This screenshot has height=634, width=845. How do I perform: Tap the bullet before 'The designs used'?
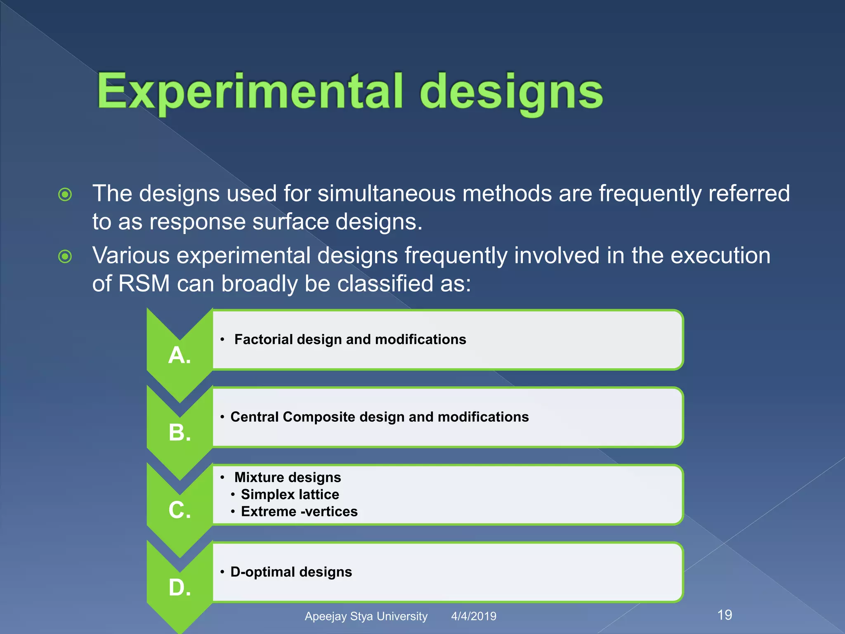[65, 194]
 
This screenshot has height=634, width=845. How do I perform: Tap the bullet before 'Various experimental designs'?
[65, 257]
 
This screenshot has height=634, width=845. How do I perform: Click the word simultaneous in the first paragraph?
[386, 194]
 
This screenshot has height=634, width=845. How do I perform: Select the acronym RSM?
[144, 284]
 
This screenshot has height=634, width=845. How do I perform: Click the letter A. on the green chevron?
[179, 355]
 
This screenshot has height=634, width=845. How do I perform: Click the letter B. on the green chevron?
[179, 433]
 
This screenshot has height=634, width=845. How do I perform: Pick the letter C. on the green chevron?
[179, 510]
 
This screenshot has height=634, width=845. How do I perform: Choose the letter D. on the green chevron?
[179, 587]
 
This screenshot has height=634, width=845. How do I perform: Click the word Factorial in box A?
[263, 339]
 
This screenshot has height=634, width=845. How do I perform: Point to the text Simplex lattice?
[290, 494]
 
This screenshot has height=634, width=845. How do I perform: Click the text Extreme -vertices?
[299, 512]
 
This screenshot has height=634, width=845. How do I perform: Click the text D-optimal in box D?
[262, 572]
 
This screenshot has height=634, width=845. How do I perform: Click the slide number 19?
[725, 615]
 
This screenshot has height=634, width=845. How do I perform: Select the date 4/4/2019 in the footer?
[474, 616]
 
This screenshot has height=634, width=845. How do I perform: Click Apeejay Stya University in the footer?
[366, 616]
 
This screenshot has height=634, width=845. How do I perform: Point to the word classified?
[385, 284]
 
